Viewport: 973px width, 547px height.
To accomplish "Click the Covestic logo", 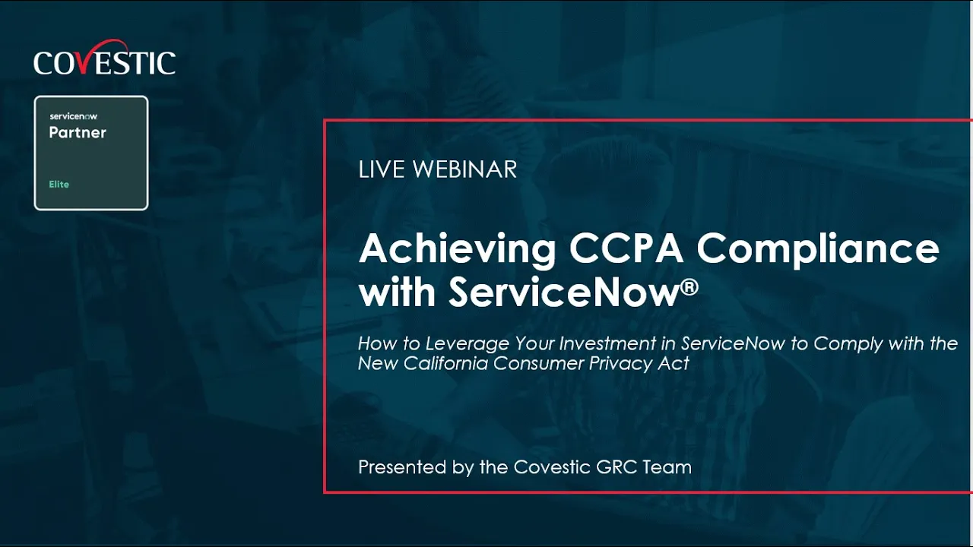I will tap(104, 62).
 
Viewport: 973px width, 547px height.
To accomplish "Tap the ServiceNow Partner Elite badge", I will tap(91, 153).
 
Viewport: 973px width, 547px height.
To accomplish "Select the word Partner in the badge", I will tap(78, 133).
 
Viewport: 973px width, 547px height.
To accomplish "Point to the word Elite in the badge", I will tap(59, 185).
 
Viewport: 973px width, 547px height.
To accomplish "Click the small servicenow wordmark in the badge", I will tap(73, 116).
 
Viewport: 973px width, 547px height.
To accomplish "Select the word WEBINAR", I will tap(465, 169).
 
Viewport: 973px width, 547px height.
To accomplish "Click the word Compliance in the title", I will tap(818, 249).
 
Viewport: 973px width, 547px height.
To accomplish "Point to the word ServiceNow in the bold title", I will tap(563, 292).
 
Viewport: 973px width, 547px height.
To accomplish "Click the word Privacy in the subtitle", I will tap(620, 363).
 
